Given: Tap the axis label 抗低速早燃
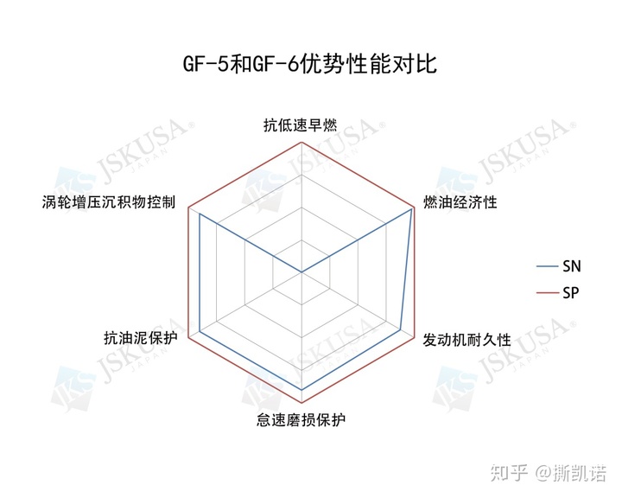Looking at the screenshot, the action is [x=300, y=124].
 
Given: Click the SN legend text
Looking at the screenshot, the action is [x=571, y=265].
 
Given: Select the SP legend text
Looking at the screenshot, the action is [x=571, y=293].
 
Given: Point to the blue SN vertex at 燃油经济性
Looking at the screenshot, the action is [x=411, y=209].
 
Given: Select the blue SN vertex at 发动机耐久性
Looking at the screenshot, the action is [x=401, y=329].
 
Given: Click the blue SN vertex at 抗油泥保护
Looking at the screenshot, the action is [x=199, y=331].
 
